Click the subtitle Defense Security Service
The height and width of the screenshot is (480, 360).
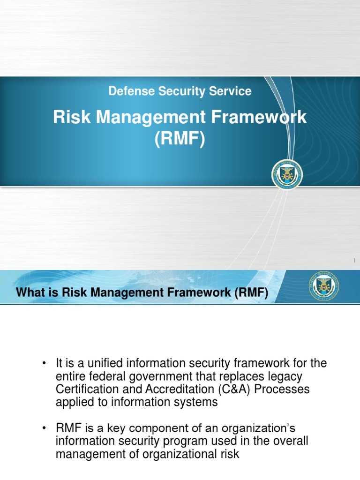(x=180, y=91)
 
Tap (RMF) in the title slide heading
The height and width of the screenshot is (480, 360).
(x=180, y=139)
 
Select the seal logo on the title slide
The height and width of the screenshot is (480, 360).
(x=287, y=175)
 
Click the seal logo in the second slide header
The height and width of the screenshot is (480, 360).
(x=324, y=285)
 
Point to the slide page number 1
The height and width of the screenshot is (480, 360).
(x=354, y=261)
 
